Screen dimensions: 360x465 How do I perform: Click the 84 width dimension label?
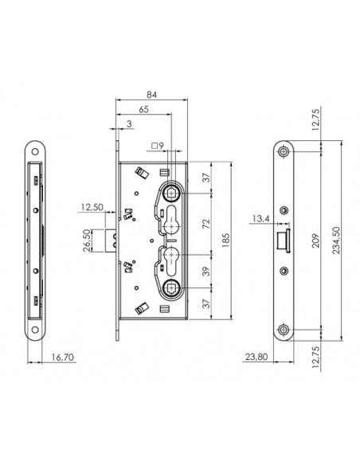tap(151, 94)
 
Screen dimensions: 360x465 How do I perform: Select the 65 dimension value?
tap(143, 109)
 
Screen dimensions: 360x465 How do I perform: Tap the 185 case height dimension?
tap(225, 240)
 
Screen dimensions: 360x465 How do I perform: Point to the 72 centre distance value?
tap(207, 224)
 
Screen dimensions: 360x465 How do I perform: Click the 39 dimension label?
tap(207, 272)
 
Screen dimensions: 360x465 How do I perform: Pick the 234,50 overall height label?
tap(336, 240)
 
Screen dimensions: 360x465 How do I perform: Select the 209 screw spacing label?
tap(316, 240)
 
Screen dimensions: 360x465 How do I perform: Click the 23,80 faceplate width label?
tap(256, 357)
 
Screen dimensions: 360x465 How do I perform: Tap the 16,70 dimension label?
tap(63, 357)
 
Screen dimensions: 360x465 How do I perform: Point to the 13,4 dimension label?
tap(261, 218)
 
